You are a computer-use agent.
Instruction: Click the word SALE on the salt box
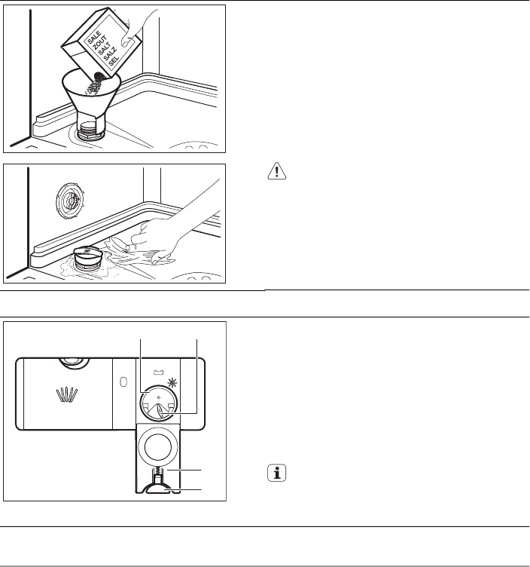(94, 38)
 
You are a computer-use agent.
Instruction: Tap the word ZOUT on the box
(99, 43)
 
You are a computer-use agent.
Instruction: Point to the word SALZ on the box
(110, 54)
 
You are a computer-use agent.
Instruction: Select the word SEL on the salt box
(114, 61)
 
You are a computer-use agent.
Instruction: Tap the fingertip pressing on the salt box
(125, 41)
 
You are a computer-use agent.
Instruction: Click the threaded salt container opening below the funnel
(90, 131)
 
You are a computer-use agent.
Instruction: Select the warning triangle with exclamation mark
(276, 170)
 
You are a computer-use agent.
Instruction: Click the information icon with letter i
(277, 473)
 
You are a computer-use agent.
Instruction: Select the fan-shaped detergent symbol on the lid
(67, 394)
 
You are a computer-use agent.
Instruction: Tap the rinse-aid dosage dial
(159, 403)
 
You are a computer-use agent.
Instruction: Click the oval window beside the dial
(123, 382)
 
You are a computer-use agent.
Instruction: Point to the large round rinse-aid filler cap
(157, 447)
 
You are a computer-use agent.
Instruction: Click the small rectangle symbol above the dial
(159, 372)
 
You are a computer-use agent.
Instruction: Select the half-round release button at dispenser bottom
(158, 488)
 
